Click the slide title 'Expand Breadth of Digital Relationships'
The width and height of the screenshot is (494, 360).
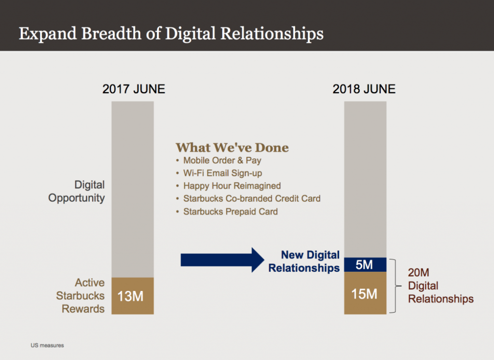171,34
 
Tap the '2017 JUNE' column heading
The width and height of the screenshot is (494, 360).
134,89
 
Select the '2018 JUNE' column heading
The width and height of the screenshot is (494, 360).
364,89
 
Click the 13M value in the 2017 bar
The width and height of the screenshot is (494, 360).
130,296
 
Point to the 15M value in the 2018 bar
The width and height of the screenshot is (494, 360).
364,294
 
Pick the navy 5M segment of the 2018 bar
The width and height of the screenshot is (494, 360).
365,265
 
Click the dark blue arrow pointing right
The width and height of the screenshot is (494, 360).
222,260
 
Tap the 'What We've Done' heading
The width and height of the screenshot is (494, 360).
232,148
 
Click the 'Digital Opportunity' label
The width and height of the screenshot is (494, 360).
77,192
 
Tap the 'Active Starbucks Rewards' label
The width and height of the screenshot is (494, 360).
81,296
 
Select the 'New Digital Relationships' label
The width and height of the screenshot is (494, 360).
304,262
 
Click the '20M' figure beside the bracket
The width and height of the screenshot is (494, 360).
419,272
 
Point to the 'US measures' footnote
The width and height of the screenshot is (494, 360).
47,346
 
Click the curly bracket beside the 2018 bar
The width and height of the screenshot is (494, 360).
396,286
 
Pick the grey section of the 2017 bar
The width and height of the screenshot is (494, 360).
133,190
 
